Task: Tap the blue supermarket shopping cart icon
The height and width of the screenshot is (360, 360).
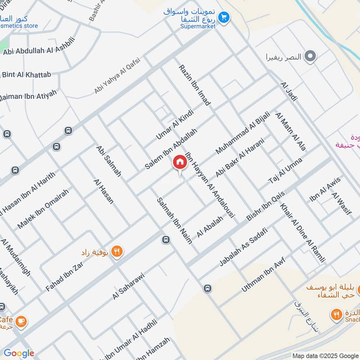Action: click(x=224, y=18)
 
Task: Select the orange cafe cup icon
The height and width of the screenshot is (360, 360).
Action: click(x=21, y=321)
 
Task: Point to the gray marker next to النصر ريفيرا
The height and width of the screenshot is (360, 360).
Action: click(x=310, y=57)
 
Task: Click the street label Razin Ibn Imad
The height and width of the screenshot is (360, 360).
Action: click(x=194, y=85)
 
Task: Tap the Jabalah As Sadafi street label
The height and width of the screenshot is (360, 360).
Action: click(x=243, y=247)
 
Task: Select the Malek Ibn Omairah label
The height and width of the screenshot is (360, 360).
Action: click(x=43, y=208)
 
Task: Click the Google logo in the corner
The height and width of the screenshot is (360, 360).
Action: click(x=19, y=353)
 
